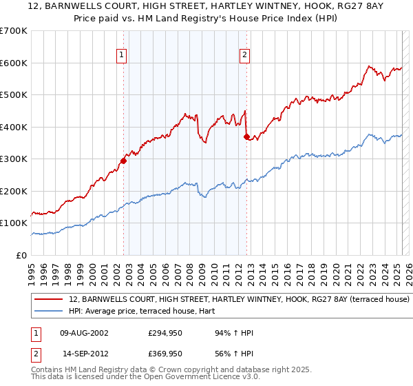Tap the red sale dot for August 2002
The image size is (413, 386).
pos(124,161)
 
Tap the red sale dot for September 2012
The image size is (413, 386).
pos(246,136)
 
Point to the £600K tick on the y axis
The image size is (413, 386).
pos(14,63)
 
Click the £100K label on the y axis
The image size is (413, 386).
pos(14,223)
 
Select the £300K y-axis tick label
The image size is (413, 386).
pos(14,159)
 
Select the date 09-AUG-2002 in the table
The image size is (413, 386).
pos(84,334)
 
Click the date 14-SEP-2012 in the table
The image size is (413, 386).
pos(84,354)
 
